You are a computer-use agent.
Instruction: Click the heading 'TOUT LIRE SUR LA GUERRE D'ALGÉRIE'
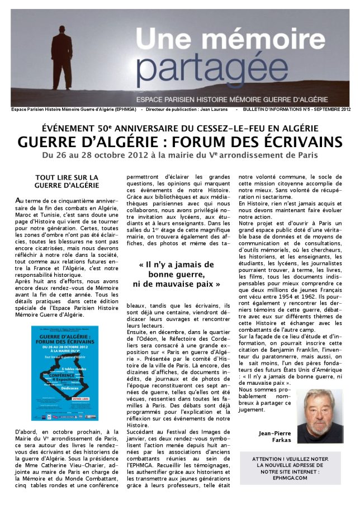click(x=67, y=181)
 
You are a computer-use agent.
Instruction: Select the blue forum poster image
click(x=67, y=373)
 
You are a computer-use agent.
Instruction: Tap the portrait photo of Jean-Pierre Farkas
click(x=318, y=416)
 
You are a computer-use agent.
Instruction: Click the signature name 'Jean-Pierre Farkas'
click(x=274, y=436)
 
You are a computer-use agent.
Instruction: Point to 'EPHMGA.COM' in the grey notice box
click(x=290, y=478)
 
